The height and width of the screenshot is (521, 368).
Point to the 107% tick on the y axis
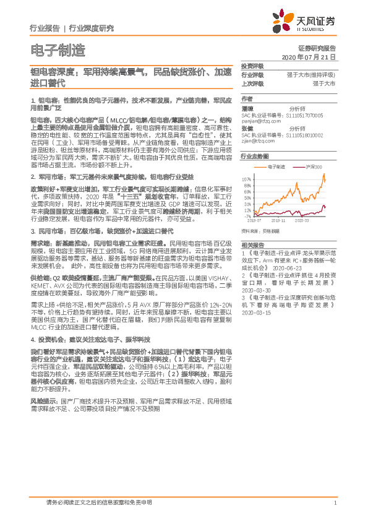pos(246,177)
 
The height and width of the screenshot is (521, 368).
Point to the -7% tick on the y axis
pos(247,217)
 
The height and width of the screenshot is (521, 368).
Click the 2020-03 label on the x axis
pos(302,220)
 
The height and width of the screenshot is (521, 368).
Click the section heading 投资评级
pos(252,66)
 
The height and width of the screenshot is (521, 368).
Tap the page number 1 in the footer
pos(335,503)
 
